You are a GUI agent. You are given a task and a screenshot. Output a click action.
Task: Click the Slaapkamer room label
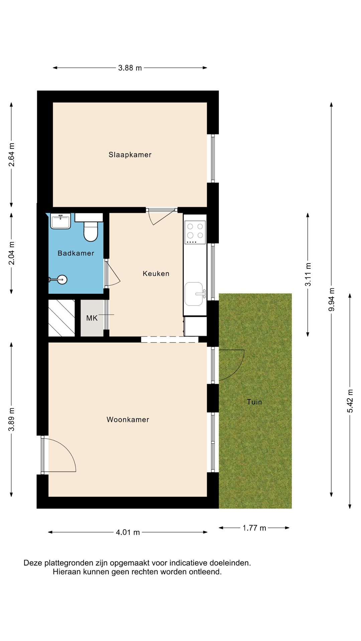click(130, 155)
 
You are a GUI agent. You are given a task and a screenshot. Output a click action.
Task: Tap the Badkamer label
click(76, 253)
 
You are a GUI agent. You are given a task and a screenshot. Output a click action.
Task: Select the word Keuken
click(156, 273)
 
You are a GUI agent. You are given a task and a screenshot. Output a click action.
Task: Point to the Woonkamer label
click(128, 420)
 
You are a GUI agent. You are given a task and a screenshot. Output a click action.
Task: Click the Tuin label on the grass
click(254, 402)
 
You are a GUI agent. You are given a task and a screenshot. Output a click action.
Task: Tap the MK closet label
click(92, 318)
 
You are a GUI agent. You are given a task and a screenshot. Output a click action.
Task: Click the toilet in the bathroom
click(90, 230)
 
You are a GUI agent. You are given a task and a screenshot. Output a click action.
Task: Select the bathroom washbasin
click(61, 221)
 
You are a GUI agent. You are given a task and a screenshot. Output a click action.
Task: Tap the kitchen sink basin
click(194, 294)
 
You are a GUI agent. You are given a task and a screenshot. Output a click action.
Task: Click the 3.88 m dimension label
click(130, 68)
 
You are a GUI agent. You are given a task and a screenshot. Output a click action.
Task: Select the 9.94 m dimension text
click(331, 299)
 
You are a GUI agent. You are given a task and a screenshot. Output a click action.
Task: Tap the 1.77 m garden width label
click(254, 528)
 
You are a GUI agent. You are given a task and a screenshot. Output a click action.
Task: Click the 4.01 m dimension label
click(128, 532)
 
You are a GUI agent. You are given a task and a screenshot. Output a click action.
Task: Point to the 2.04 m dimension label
click(11, 253)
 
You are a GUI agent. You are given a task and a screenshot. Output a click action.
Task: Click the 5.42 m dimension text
click(350, 401)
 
